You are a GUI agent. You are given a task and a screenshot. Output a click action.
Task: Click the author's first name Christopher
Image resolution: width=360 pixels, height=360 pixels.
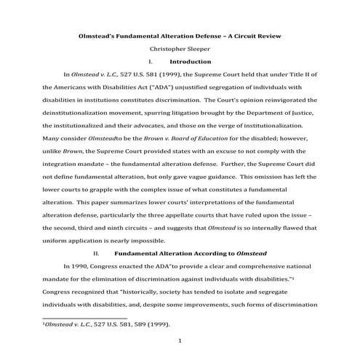[x=164, y=49]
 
